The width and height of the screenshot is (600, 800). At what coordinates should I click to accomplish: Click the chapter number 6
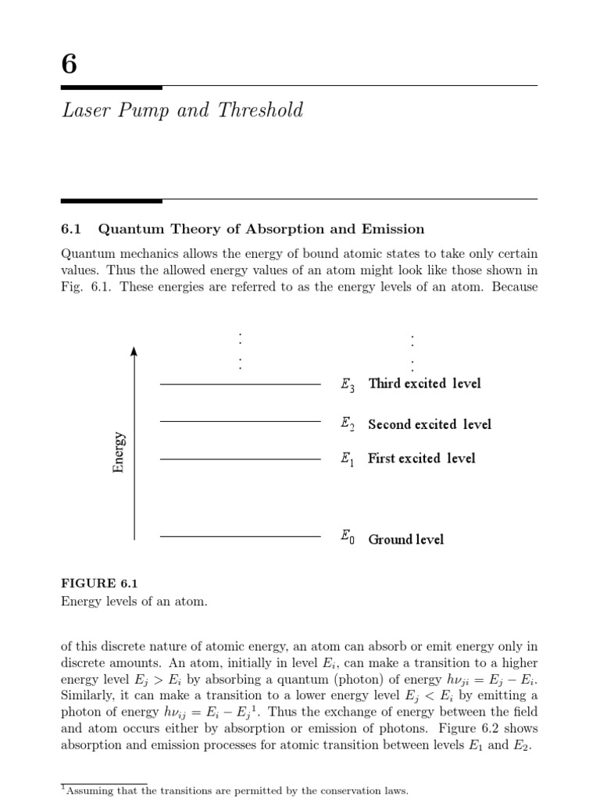(69, 62)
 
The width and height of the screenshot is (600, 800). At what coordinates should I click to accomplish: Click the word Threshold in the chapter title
(262, 110)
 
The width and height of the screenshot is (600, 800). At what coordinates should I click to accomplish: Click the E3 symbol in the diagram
(348, 384)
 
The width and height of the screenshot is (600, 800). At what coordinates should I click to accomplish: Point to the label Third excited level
(424, 384)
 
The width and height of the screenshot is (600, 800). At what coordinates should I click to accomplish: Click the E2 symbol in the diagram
(348, 424)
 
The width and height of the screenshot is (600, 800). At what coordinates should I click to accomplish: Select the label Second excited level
(430, 424)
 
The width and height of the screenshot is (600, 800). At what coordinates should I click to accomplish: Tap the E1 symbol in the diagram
(348, 459)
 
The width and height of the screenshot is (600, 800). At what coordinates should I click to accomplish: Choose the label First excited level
(421, 459)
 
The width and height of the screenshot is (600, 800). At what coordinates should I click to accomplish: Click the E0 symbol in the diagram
(348, 537)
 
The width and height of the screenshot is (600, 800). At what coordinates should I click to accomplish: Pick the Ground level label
(405, 539)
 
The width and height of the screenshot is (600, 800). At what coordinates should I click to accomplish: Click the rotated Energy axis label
(119, 452)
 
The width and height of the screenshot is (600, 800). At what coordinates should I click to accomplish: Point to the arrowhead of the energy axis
(134, 352)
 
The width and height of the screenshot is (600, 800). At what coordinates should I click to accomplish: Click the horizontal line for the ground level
(240, 537)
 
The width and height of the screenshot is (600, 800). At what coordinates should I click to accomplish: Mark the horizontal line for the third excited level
(240, 384)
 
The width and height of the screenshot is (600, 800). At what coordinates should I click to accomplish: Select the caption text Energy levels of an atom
(134, 601)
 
